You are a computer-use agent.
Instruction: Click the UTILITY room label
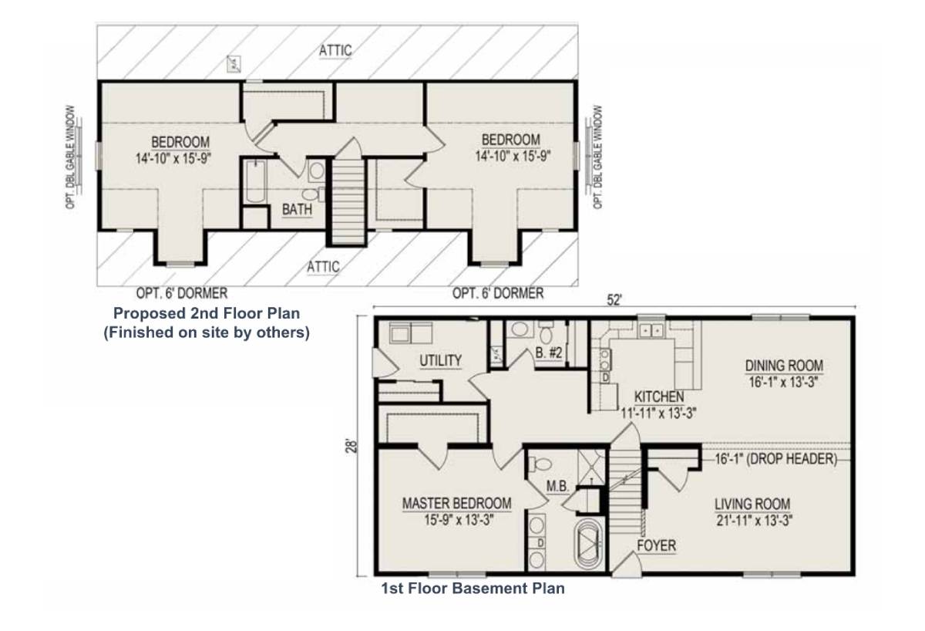[x=440, y=360]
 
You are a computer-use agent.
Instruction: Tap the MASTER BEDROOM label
[x=456, y=504]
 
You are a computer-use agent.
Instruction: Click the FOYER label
[x=656, y=546]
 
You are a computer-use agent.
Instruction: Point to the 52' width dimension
[x=614, y=302]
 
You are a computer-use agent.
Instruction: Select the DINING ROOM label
[x=784, y=366]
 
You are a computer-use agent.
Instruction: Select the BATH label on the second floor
[x=297, y=209]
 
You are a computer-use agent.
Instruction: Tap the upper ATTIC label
[x=336, y=51]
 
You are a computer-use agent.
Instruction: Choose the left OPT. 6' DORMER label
[x=181, y=294]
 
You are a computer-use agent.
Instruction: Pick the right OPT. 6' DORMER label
[x=498, y=294]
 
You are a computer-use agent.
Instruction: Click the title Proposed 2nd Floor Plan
[x=207, y=314]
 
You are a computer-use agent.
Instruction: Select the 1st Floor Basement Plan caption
[x=473, y=589]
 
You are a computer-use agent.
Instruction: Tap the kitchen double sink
[x=651, y=331]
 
